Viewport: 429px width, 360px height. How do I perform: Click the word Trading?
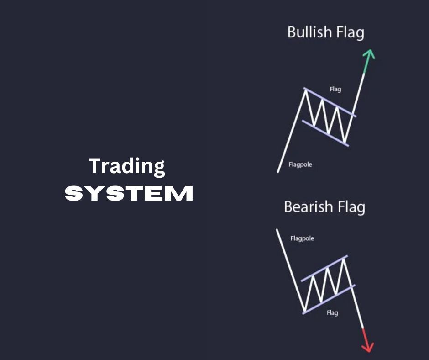[127, 166]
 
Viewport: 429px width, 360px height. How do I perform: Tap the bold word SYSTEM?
[129, 193]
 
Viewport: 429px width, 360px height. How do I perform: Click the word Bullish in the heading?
[309, 32]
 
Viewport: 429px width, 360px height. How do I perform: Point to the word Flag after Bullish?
[350, 33]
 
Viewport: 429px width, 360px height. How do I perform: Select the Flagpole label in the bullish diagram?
[300, 164]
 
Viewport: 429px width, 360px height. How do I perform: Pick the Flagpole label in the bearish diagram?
[302, 238]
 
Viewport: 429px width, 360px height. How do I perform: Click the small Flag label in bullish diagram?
[335, 90]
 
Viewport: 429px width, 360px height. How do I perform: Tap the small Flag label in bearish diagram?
[332, 313]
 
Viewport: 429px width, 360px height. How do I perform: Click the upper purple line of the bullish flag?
[330, 102]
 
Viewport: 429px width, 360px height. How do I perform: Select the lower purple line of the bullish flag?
[325, 133]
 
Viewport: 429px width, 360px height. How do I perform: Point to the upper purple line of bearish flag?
[324, 269]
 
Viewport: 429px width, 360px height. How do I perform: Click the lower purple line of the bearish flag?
[329, 299]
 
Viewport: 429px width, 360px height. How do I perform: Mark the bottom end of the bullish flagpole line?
[277, 172]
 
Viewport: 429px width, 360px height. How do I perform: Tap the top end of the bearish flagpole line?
[277, 230]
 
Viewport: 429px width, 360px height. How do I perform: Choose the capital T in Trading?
[95, 166]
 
